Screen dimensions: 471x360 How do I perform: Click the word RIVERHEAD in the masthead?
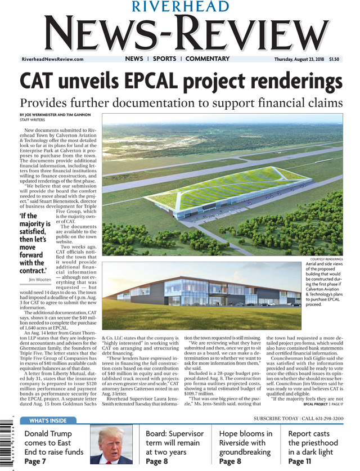pos(180,7)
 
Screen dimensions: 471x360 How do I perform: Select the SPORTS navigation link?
pos(164,59)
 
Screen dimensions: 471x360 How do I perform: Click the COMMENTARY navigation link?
pos(208,59)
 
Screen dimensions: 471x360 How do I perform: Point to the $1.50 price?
pos(334,59)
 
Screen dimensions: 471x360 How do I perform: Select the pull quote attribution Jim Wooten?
pos(39,279)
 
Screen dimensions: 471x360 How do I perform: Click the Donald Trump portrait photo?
pos(114,445)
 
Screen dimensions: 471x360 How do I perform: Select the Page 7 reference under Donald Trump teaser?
pos(35,461)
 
